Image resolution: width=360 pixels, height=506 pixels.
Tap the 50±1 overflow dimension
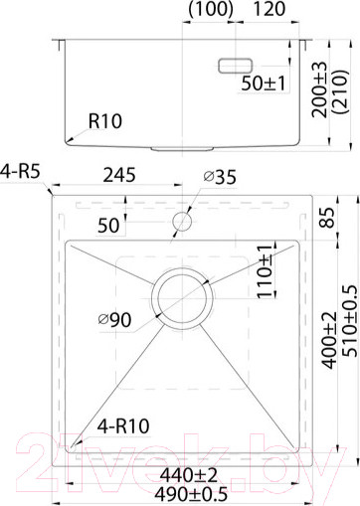(265, 84)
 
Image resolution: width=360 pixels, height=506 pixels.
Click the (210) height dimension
(341, 92)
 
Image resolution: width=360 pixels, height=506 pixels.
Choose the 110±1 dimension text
(264, 270)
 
